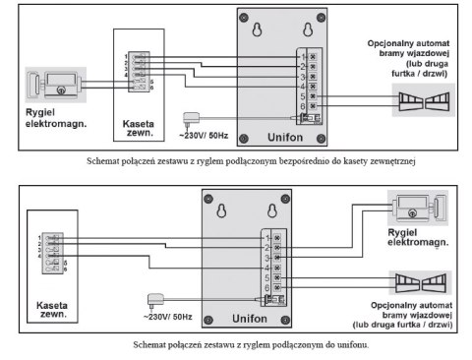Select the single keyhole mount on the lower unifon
(x=222, y=210)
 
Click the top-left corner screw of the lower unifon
(x=206, y=198)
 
